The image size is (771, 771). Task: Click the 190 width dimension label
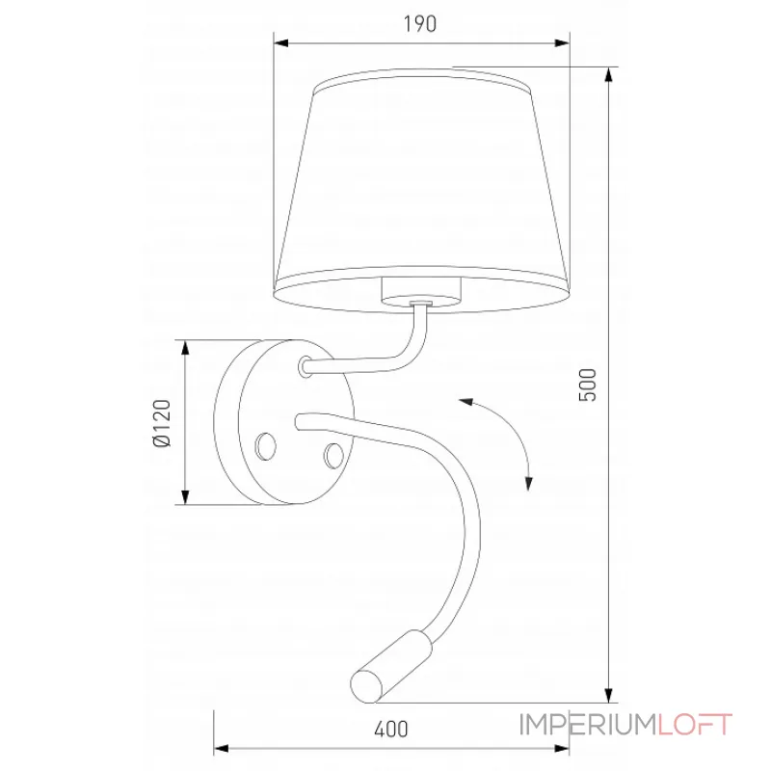(421, 25)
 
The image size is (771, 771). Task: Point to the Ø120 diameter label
(161, 422)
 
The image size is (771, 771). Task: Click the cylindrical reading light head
(386, 663)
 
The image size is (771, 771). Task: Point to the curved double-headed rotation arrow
(501, 439)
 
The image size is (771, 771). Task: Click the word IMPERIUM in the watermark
(588, 724)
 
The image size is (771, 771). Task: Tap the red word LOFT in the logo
(696, 724)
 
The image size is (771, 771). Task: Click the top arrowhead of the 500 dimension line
(609, 73)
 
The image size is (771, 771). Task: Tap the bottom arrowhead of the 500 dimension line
(609, 696)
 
